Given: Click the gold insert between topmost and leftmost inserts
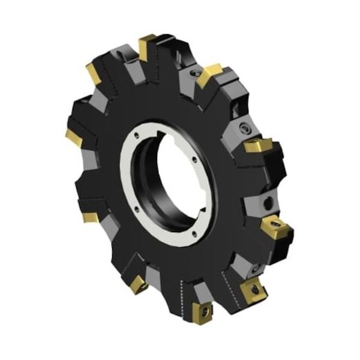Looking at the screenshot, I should pyautogui.click(x=95, y=74).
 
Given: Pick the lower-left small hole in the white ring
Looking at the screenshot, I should pyautogui.click(x=136, y=209).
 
